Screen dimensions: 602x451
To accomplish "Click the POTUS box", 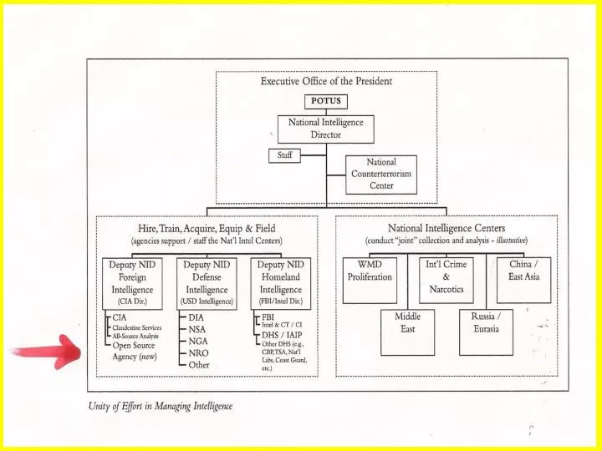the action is [326, 102].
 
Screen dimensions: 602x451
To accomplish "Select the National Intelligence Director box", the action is [325, 129].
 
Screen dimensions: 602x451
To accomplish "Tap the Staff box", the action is [284, 155].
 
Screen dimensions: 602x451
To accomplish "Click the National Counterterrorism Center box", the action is [381, 175].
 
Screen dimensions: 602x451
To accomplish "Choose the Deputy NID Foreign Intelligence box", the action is [132, 283].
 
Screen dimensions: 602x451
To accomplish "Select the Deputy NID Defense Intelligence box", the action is [207, 283].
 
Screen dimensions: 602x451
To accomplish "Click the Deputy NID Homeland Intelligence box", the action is [281, 283].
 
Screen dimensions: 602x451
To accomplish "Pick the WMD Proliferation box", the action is [370, 281].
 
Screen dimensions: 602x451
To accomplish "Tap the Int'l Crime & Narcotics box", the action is [446, 281].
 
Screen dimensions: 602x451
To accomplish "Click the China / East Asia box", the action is [523, 281].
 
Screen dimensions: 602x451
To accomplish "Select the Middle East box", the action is [408, 332].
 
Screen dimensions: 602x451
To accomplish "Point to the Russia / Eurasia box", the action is [486, 332].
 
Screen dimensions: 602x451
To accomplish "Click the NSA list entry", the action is [197, 329].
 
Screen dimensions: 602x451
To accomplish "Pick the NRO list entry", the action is [198, 353].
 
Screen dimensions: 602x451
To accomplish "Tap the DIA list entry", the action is [196, 317].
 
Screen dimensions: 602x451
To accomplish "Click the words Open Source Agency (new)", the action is [135, 351].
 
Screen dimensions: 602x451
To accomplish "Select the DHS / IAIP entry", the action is [282, 335].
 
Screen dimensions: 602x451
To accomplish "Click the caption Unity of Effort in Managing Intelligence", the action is [161, 406].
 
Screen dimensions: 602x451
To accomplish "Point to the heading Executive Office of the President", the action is [326, 81].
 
